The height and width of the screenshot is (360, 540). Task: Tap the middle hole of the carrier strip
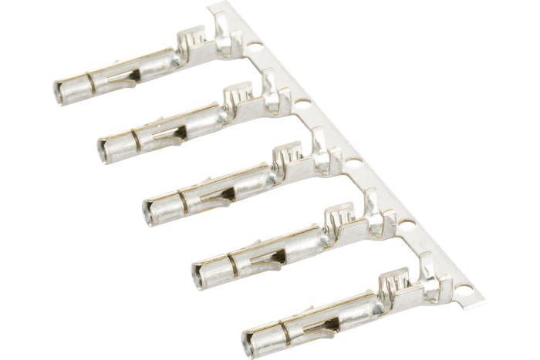pos(353,163)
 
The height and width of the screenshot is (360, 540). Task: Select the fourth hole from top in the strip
pos(403,224)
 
